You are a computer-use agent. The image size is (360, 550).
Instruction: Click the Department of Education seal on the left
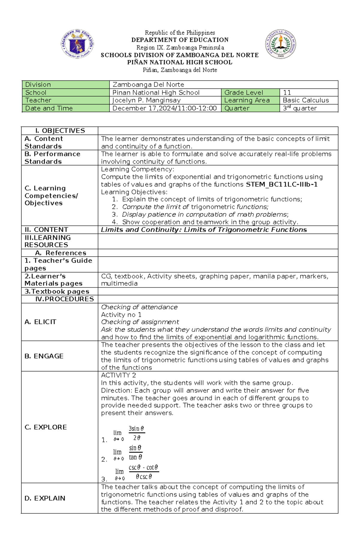(77, 44)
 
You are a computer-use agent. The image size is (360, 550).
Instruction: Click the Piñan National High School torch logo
(280, 44)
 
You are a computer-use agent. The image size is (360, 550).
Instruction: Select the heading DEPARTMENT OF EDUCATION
(180, 40)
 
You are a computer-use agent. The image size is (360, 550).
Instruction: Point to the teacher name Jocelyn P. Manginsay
(146, 100)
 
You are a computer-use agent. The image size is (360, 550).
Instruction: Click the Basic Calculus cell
(306, 100)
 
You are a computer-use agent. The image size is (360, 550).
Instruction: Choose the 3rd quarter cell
(300, 108)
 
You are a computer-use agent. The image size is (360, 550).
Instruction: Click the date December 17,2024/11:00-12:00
(164, 108)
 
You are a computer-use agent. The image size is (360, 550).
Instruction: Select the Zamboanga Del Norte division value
(148, 85)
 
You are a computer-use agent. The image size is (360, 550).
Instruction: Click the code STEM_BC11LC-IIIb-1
(281, 184)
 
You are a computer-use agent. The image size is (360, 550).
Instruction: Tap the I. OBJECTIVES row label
(60, 131)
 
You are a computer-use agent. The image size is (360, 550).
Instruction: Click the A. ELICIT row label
(40, 322)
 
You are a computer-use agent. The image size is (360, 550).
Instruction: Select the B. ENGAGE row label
(44, 356)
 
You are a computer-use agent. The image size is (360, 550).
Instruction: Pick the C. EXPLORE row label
(46, 427)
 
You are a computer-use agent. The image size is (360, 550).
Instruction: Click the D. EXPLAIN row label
(45, 498)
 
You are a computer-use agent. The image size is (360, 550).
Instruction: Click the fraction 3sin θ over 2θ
(136, 433)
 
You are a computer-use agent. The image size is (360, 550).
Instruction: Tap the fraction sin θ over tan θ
(135, 453)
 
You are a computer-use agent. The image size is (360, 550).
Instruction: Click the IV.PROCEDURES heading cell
(64, 299)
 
